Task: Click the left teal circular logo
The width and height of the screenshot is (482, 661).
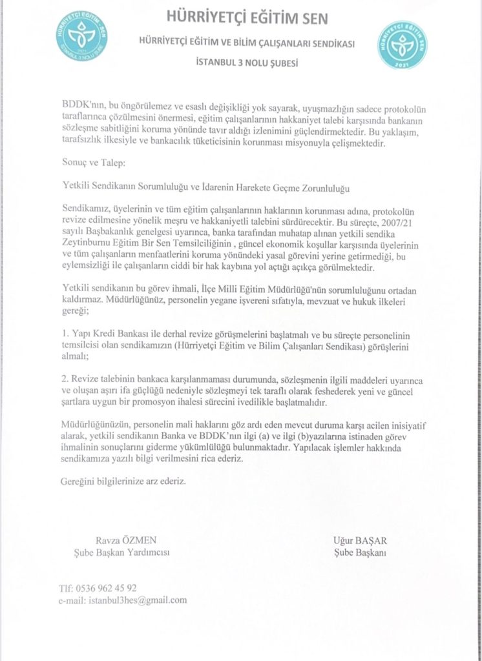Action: coord(81,36)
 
